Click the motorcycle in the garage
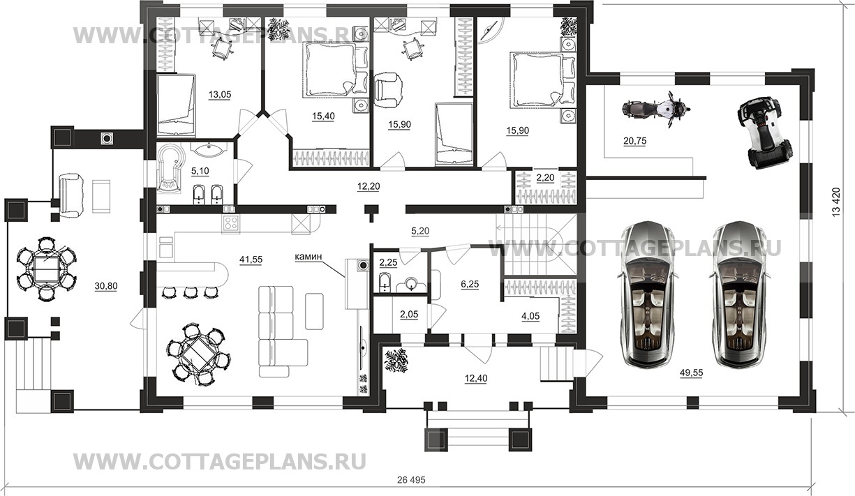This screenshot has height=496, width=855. [655, 110]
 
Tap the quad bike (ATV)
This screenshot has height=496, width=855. [766, 132]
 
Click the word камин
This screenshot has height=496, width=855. [308, 257]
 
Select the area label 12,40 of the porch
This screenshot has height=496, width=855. [477, 378]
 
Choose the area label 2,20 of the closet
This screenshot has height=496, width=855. [544, 179]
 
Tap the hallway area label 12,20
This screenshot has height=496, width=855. [369, 187]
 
